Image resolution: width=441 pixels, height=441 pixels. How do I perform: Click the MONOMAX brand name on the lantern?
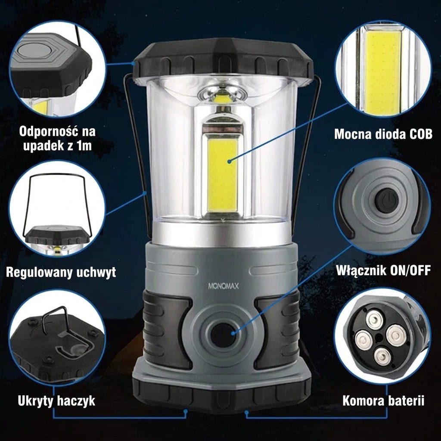tap(224, 286)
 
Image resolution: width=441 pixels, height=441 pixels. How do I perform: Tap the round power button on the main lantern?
tap(223, 335)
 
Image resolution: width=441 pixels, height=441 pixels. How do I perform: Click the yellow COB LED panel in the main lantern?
tap(222, 176)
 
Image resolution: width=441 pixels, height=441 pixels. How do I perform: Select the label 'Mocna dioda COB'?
tap(383, 134)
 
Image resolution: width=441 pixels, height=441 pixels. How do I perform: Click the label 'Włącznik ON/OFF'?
tap(383, 270)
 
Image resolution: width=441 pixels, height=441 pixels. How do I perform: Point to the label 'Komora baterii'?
tap(383, 401)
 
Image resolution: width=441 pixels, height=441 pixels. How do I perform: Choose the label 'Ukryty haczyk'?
tap(56, 401)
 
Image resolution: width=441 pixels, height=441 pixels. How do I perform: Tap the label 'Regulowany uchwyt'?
tap(61, 272)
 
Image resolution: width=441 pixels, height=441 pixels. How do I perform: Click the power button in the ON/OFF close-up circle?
tap(387, 201)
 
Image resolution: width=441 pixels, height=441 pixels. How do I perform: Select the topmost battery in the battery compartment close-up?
tap(374, 319)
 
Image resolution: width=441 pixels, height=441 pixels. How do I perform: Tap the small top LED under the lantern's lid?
tap(222, 99)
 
